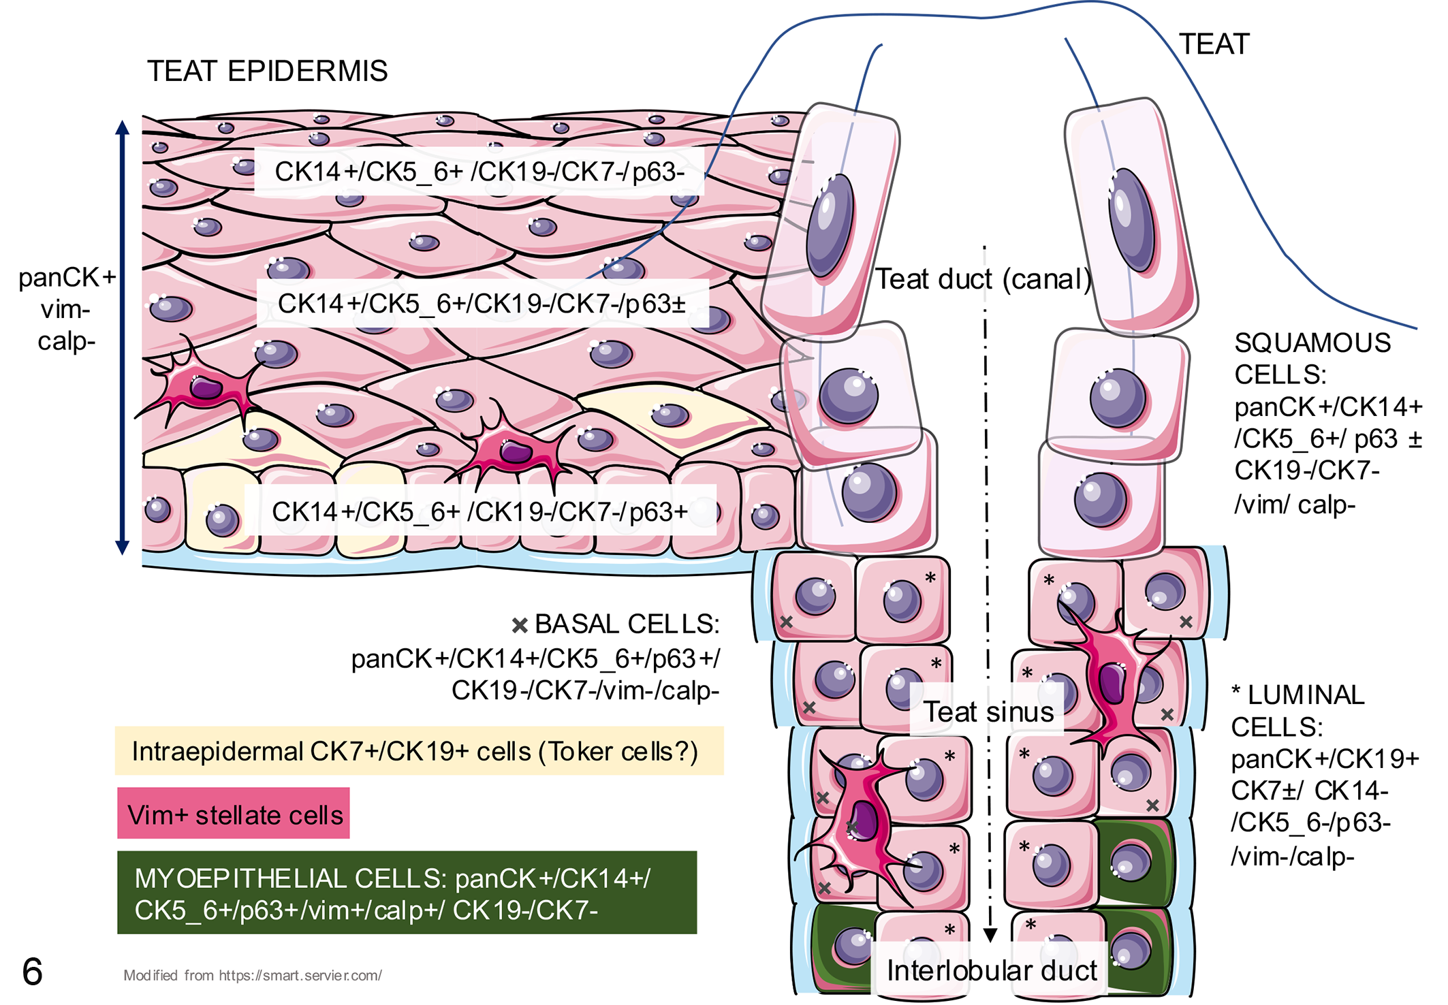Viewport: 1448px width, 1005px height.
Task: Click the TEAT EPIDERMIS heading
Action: tap(267, 71)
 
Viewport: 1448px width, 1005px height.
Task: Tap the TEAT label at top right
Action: tap(1214, 44)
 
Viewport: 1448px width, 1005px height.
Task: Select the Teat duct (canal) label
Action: tap(983, 279)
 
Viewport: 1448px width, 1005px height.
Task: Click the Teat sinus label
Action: tap(988, 712)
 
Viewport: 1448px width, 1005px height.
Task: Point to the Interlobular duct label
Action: tap(992, 970)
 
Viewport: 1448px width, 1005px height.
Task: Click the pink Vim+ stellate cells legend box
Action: tap(234, 814)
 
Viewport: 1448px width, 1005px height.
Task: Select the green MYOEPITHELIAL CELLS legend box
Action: tap(407, 893)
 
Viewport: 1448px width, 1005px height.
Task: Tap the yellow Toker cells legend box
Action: tap(420, 751)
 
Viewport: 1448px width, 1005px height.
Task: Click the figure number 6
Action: tap(32, 972)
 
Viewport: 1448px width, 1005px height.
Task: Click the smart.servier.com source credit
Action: tap(253, 975)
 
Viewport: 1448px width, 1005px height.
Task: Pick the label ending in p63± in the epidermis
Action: tap(482, 304)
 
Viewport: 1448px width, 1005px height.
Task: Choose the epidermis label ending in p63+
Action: tap(480, 512)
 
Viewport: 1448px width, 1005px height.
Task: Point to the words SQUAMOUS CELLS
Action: tap(1312, 359)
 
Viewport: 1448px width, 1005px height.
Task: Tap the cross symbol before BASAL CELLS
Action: tap(520, 625)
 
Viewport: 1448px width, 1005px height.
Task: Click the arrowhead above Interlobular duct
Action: tap(991, 935)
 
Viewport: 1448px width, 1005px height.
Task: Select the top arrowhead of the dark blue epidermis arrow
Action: tap(123, 127)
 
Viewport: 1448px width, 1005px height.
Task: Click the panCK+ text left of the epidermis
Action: tap(67, 278)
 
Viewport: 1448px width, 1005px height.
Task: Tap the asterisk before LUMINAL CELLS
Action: tap(1236, 691)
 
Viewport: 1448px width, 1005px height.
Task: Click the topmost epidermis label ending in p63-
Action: tap(480, 172)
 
